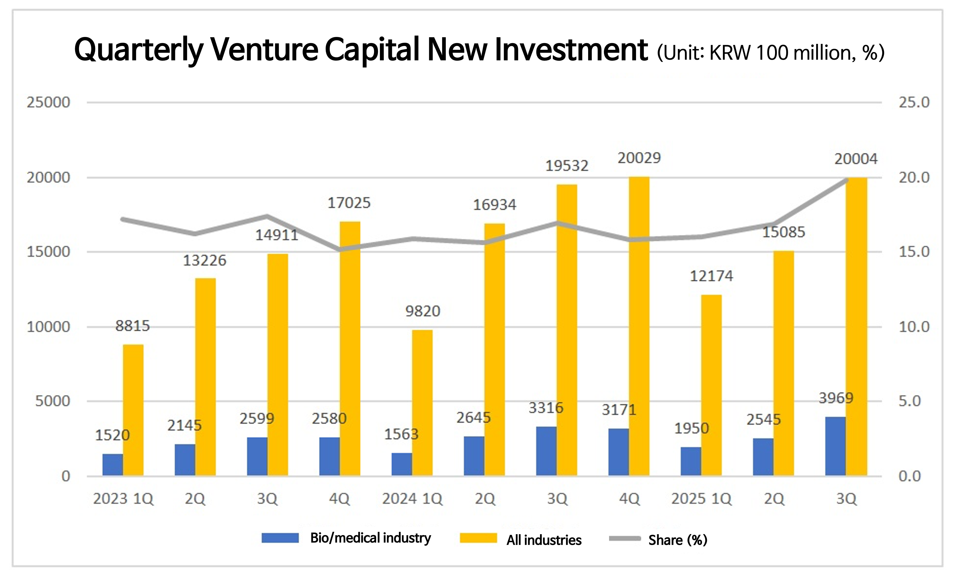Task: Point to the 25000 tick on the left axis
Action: click(x=48, y=103)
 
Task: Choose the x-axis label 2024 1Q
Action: click(x=412, y=499)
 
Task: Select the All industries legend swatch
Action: click(x=478, y=538)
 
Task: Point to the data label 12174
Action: click(x=711, y=276)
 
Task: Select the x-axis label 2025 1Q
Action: click(x=701, y=499)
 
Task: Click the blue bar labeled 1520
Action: click(x=113, y=465)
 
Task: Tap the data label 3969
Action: click(x=836, y=398)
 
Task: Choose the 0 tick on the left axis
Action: click(x=66, y=476)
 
